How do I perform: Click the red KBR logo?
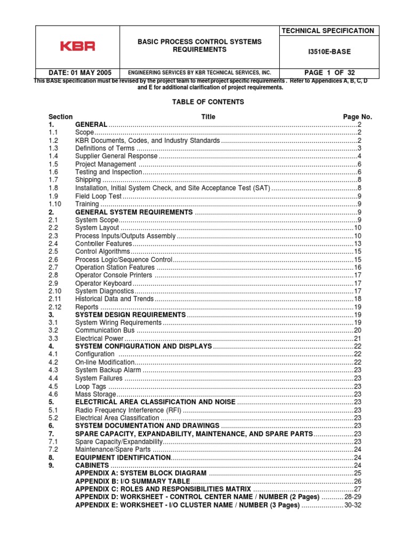point(77,46)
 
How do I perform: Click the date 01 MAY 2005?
point(75,73)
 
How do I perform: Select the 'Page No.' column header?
point(357,117)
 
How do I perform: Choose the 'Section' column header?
point(60,117)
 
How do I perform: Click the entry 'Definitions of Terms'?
point(105,148)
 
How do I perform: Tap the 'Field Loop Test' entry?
point(99,196)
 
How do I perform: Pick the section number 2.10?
point(55,291)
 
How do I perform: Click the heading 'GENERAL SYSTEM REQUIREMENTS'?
point(133,212)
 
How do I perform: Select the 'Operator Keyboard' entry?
point(103,283)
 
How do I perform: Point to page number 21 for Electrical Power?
point(358,339)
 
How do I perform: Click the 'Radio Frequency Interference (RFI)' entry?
point(128,410)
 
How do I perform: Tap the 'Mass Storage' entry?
point(96,394)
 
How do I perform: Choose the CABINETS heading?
point(92,465)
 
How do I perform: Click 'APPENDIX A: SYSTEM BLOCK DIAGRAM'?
point(140,473)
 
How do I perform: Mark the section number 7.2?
point(53,449)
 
